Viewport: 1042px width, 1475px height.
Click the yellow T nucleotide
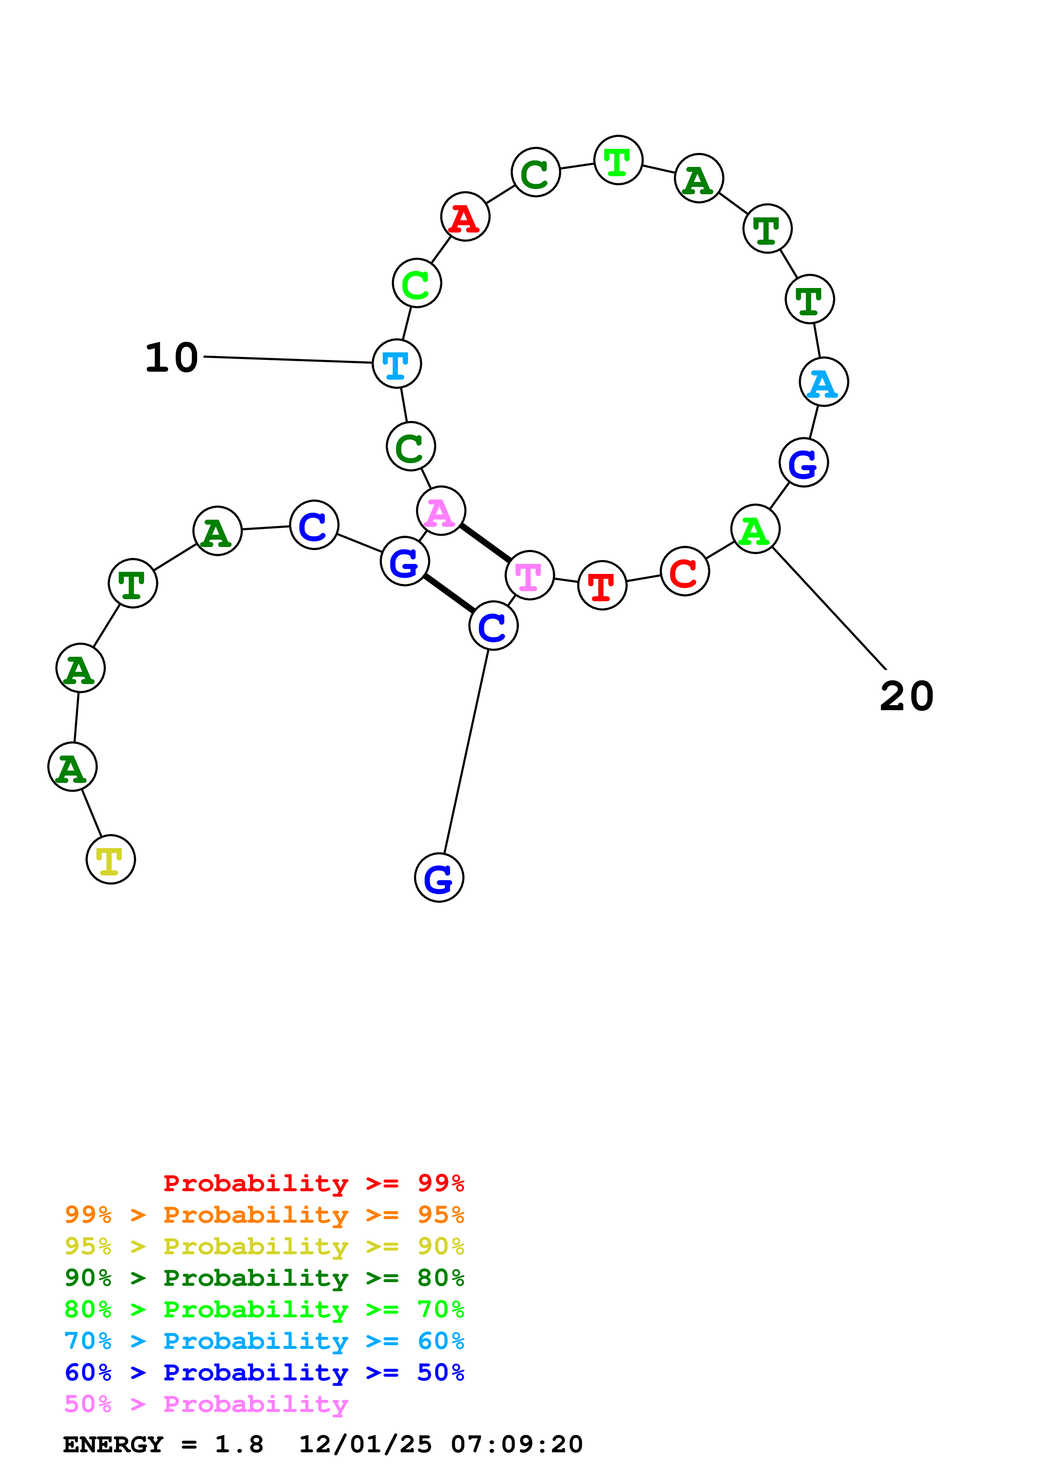click(x=111, y=859)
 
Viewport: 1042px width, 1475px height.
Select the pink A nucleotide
click(x=441, y=511)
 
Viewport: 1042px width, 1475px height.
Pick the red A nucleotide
click(x=465, y=217)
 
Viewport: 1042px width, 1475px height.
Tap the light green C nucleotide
click(x=417, y=283)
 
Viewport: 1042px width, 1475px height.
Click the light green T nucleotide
click(x=617, y=161)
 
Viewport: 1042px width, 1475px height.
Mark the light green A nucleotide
click(x=755, y=529)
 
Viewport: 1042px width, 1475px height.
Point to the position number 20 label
click(x=906, y=696)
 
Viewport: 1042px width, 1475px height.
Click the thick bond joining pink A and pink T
click(x=485, y=543)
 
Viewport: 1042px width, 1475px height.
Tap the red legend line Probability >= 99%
click(x=313, y=1183)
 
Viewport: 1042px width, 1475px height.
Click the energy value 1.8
click(x=239, y=1444)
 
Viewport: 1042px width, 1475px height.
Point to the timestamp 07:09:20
click(x=516, y=1444)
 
